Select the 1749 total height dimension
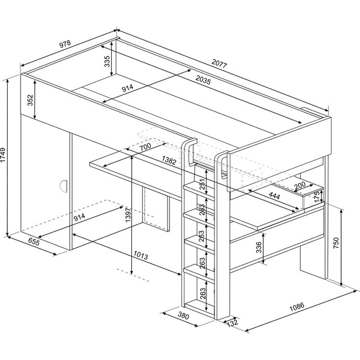4,157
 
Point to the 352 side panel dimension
31,100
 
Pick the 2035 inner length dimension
203,79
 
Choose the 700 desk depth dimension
145,147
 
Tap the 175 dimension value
317,197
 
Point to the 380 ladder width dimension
184,316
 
